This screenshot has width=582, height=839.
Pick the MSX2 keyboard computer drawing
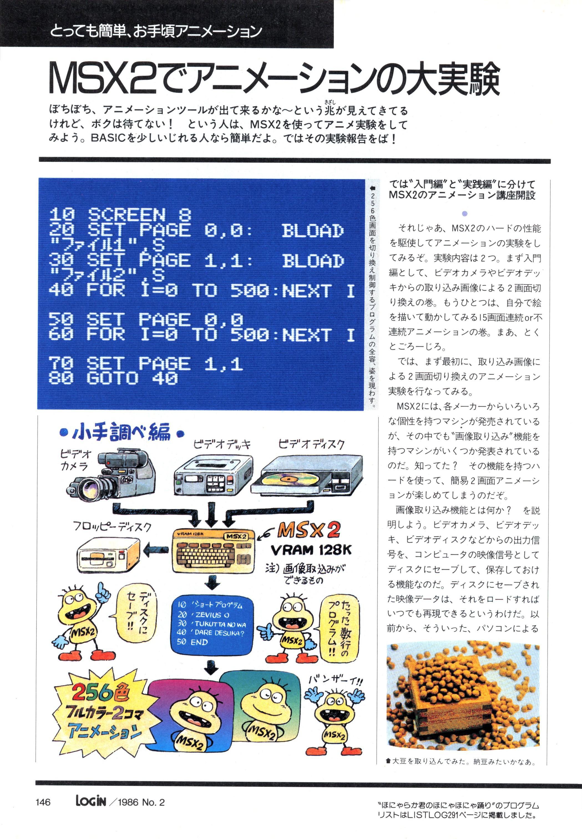coord(213,550)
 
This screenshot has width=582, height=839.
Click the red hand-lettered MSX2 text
coord(309,530)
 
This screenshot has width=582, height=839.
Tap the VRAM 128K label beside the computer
coord(311,550)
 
